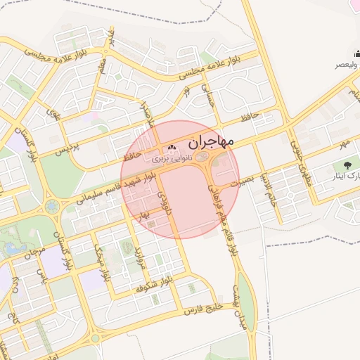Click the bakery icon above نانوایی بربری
pos(172,148)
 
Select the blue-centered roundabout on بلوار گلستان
pos(52,206)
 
